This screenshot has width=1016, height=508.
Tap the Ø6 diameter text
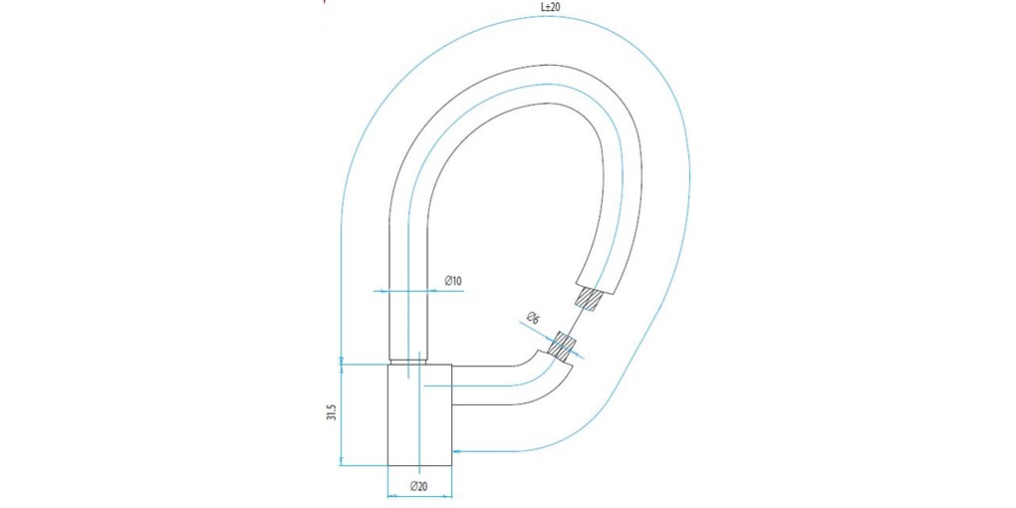[533, 319]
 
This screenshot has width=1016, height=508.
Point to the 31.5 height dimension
[330, 411]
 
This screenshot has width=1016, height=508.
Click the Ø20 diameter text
[419, 486]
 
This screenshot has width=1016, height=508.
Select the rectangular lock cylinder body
[419, 414]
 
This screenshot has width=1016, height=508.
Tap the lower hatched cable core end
[565, 346]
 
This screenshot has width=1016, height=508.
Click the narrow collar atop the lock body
[408, 362]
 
